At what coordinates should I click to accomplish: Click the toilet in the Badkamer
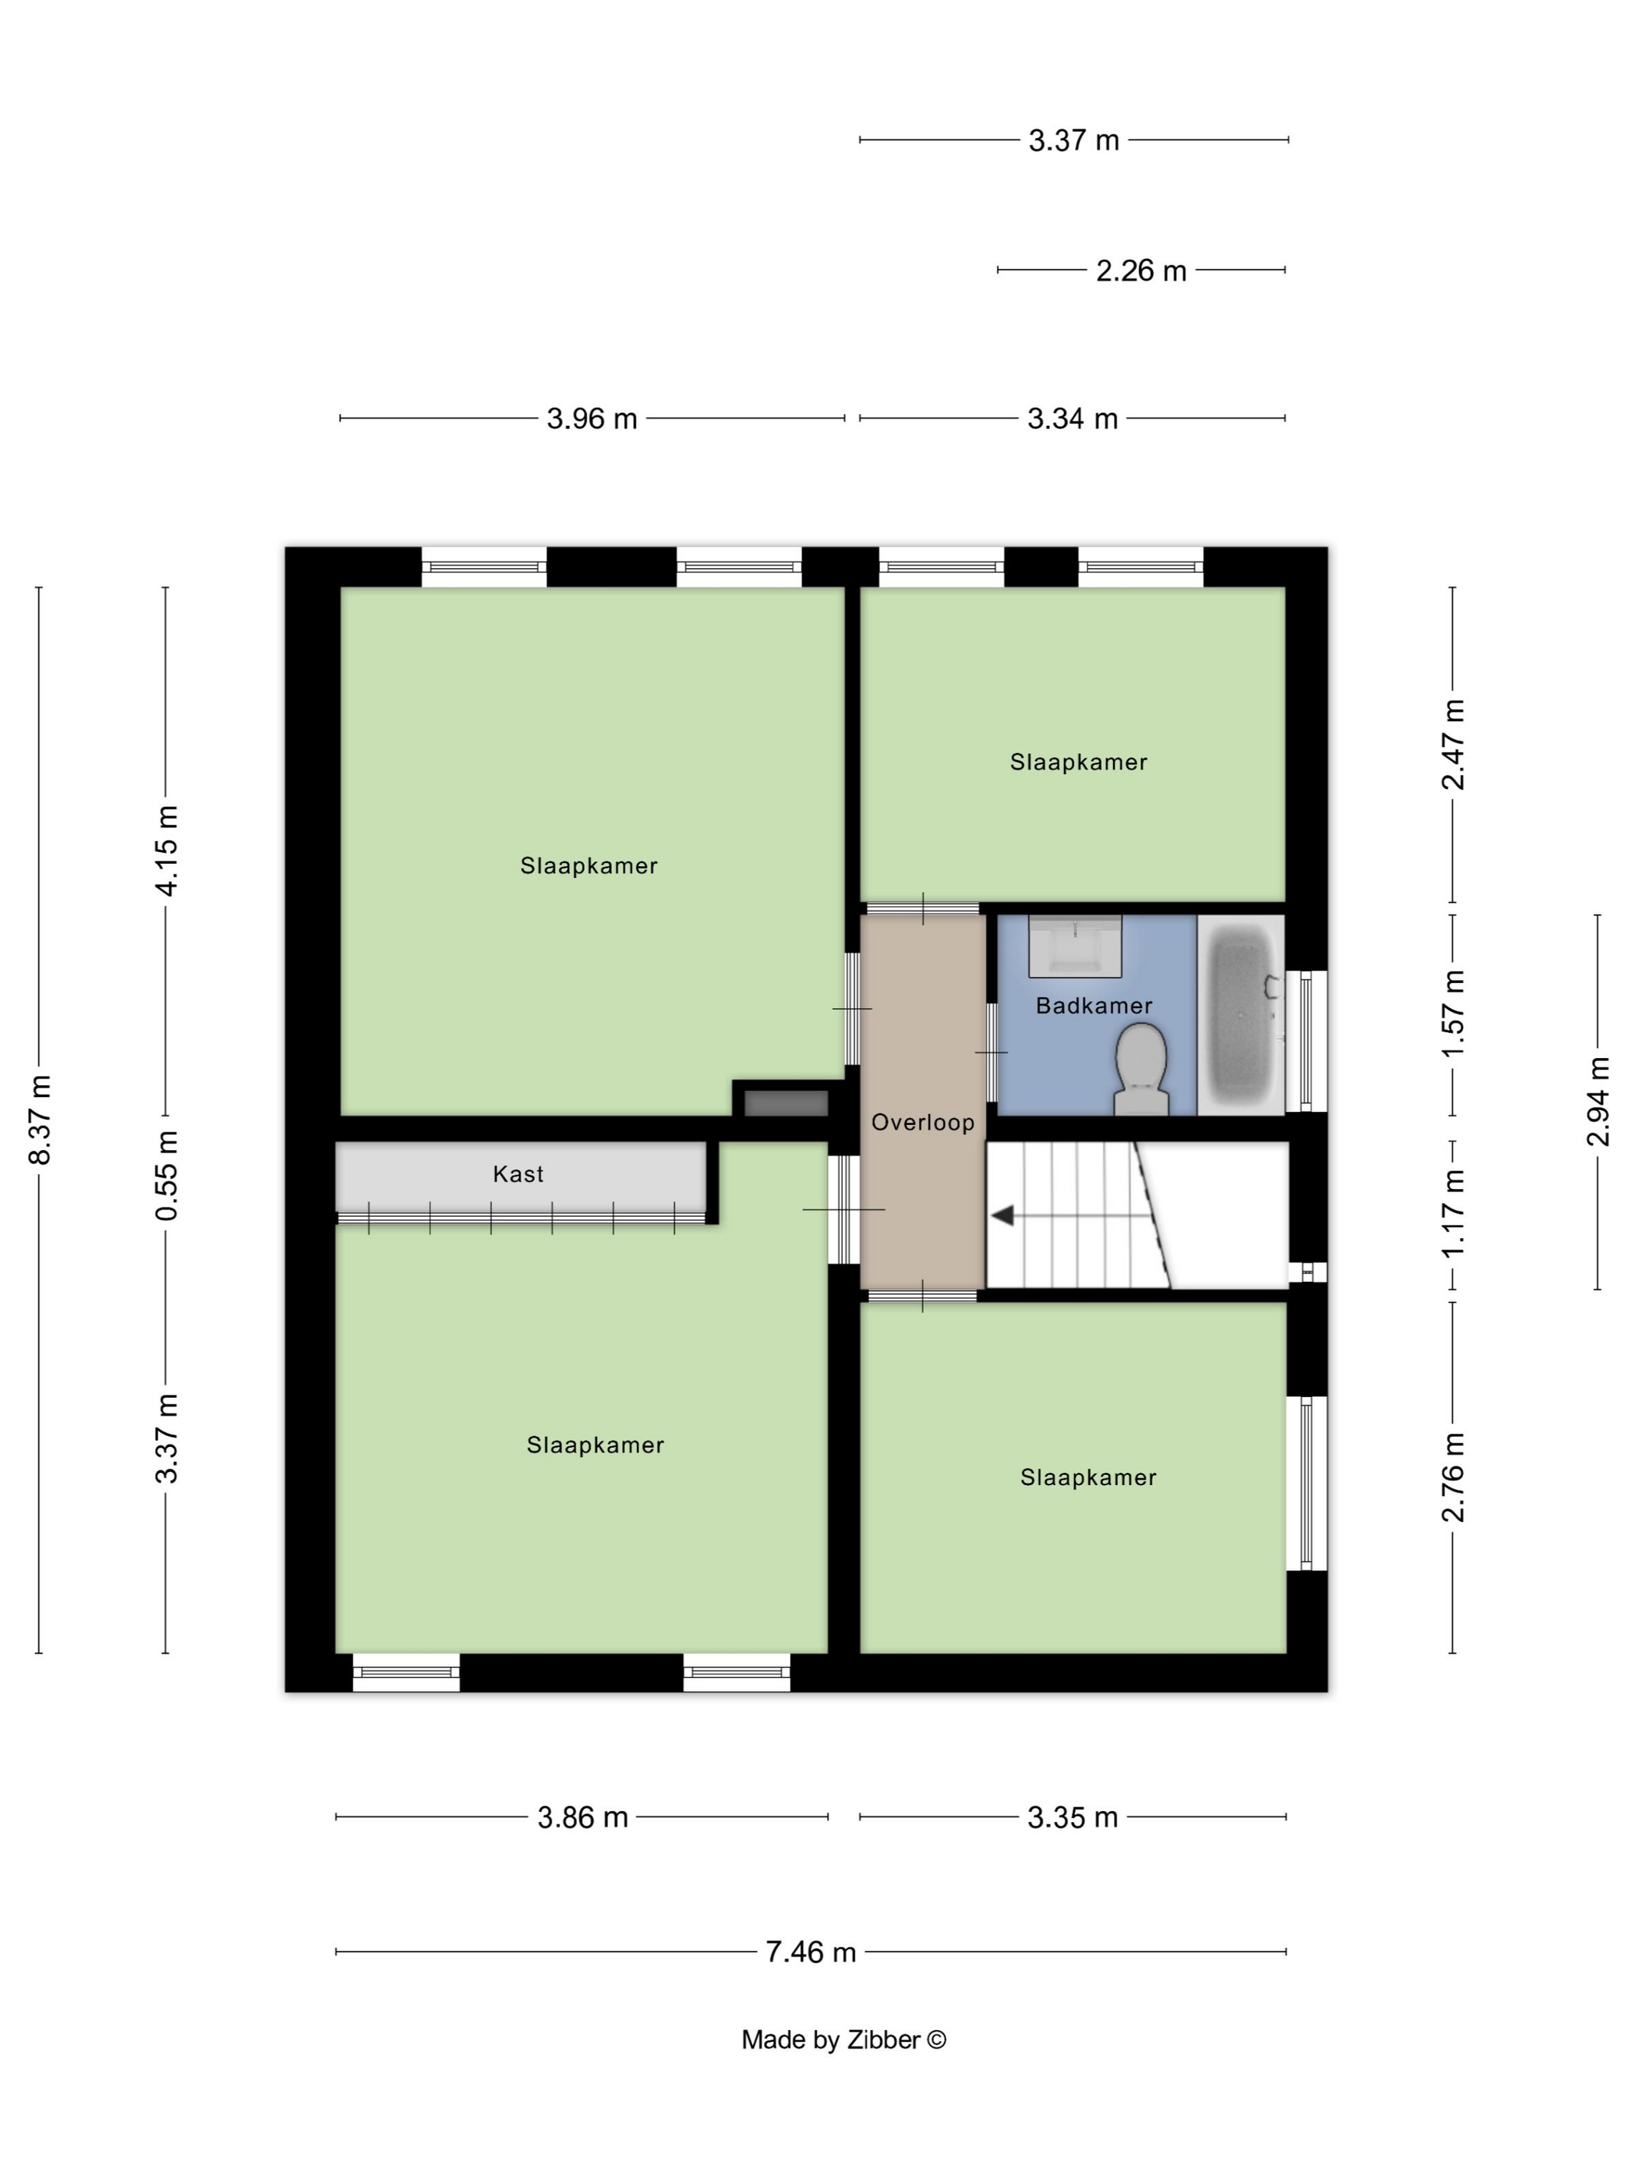[1140, 1069]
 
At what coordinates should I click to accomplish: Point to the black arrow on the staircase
[1002, 1215]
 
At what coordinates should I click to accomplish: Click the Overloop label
[923, 1122]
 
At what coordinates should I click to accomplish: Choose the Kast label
[518, 1173]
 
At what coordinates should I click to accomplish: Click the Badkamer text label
[1094, 1006]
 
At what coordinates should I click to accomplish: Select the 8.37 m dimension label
[41, 1119]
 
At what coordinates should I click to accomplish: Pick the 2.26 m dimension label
[1140, 271]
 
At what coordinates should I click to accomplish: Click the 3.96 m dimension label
[592, 419]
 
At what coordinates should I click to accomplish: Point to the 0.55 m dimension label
[167, 1176]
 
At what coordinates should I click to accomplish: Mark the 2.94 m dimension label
[1597, 1102]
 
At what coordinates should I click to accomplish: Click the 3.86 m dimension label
[582, 1817]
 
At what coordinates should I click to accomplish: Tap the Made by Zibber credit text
[843, 2040]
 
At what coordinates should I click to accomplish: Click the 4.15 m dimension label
[167, 851]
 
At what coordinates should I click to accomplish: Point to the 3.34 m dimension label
[1073, 419]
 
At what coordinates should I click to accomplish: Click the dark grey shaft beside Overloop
[786, 1103]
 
